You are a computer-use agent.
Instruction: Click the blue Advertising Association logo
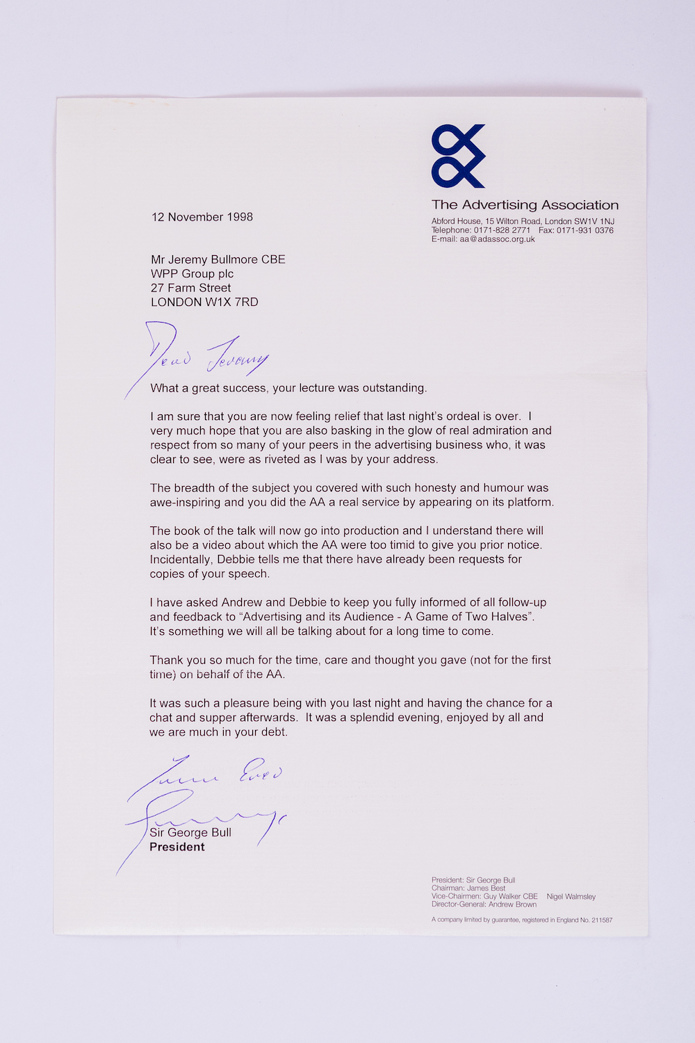458,156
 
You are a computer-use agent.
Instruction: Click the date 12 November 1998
202,217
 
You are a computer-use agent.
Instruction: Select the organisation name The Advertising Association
525,205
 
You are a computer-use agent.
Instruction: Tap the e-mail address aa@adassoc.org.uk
497,239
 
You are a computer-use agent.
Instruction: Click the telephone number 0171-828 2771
502,230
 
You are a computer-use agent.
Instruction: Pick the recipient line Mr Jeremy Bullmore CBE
218,259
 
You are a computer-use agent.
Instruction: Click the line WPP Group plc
192,274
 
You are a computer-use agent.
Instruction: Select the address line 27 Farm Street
191,288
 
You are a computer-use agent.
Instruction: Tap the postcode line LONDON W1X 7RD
204,302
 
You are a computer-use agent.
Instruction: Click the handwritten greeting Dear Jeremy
202,355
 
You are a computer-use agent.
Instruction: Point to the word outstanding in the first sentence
393,388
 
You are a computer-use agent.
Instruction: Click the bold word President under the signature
177,847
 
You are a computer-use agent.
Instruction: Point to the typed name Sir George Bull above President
190,833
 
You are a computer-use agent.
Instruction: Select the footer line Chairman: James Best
468,889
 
